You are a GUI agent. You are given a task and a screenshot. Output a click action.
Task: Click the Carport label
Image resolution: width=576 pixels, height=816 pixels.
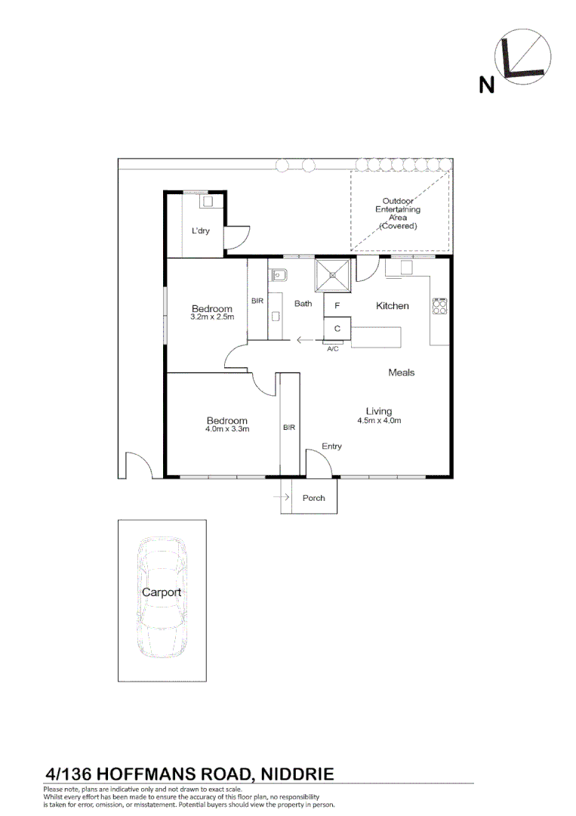[x=162, y=592]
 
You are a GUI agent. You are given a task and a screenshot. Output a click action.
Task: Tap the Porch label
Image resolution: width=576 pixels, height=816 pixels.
[x=313, y=498]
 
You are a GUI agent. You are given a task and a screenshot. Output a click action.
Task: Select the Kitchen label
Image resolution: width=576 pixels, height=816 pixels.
[x=392, y=306]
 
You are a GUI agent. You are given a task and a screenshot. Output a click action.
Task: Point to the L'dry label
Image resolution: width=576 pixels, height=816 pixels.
[x=200, y=230]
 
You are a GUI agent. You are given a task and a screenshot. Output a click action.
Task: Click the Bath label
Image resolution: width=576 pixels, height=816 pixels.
[x=303, y=304]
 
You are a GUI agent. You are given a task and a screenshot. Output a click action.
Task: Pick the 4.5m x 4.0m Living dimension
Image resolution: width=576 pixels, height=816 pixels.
[x=379, y=421]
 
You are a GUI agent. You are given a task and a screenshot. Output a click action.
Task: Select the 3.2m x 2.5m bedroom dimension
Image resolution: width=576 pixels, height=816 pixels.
[x=212, y=317]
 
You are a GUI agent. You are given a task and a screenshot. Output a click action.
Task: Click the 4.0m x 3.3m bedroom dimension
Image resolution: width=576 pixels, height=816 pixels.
[x=227, y=429]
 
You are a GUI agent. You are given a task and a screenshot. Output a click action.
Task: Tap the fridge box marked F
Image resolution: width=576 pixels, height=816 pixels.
[x=337, y=306]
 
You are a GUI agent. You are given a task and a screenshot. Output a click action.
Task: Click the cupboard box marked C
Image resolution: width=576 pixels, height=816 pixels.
[x=337, y=329]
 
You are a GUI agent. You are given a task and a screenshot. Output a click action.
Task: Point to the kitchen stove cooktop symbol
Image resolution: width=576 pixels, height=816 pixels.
[x=439, y=306]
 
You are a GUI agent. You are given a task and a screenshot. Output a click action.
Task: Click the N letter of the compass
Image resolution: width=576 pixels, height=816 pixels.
[x=487, y=85]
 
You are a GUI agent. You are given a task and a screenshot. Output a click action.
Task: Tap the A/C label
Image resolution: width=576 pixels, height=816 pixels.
[x=333, y=348]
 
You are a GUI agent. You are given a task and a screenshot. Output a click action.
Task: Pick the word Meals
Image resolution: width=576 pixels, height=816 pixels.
[x=402, y=372]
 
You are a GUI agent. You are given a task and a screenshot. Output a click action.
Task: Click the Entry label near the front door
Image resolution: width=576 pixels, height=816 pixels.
[x=331, y=446]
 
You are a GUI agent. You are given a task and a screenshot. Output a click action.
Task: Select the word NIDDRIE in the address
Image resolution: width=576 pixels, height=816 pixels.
[x=297, y=774]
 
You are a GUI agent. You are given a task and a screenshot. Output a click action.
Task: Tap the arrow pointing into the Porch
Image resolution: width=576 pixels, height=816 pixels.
[x=281, y=497]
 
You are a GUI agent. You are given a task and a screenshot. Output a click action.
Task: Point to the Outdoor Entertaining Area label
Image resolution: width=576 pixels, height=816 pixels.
[x=398, y=213]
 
